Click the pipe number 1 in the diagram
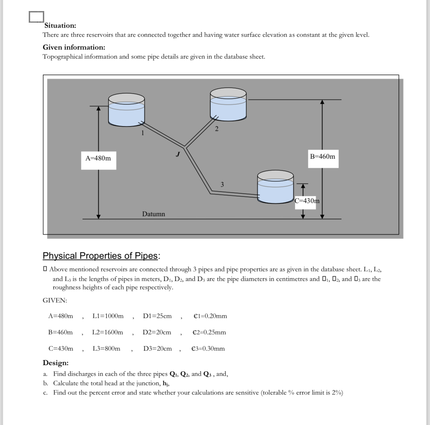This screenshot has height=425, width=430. [142, 132]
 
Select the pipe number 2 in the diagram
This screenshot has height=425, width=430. [217, 129]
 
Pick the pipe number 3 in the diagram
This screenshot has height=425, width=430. [222, 185]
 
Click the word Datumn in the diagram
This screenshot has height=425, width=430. [153, 214]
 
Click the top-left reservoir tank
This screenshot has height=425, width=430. [126, 110]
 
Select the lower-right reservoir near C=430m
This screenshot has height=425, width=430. [275, 187]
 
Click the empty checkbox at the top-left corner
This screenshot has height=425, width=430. [36, 17]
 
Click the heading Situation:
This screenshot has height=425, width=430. [60, 26]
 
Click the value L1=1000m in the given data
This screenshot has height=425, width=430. [108, 316]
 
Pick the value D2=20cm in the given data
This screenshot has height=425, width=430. [157, 333]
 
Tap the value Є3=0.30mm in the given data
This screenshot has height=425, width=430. [208, 349]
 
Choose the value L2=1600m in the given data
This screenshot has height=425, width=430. [108, 333]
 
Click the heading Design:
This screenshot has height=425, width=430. [55, 363]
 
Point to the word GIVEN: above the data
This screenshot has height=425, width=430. [55, 301]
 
